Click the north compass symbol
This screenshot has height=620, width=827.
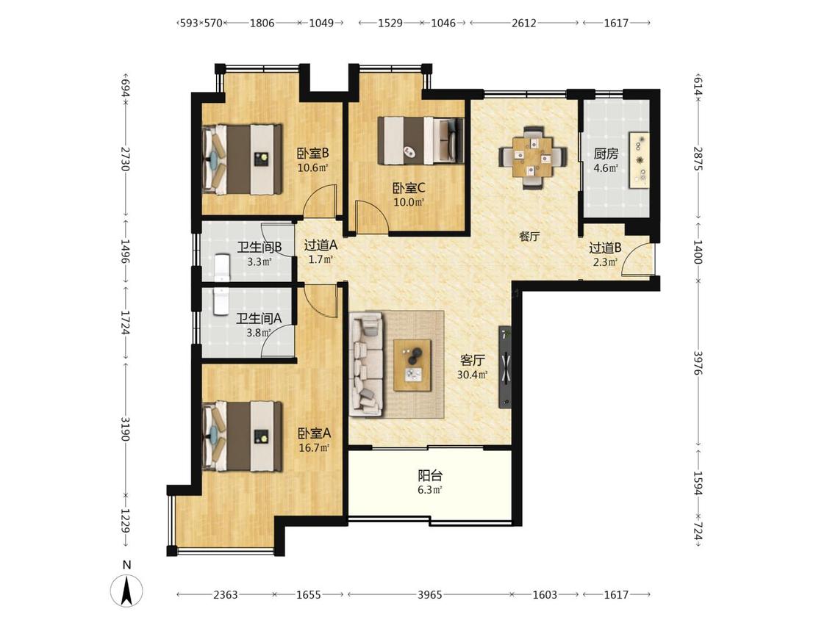coord(126,590)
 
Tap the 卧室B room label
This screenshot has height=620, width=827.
coord(312,154)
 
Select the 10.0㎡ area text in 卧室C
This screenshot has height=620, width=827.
coord(409,201)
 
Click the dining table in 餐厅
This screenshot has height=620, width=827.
coord(533,156)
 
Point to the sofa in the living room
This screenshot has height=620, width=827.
coord(365,363)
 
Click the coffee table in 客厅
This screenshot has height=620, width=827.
coord(412,365)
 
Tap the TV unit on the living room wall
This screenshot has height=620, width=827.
coord(505,367)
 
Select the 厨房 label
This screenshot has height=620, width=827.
coord(606,154)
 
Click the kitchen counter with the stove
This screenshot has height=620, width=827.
coord(639,159)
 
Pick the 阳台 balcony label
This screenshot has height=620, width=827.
coord(430,475)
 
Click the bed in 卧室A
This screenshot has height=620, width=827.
coord(242,436)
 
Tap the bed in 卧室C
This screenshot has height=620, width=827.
coord(421,140)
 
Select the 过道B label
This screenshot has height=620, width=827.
coord(605,248)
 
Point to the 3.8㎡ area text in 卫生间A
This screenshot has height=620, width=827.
coord(259,333)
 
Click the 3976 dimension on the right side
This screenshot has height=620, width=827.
coord(698,363)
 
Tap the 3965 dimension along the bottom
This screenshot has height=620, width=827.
coord(430,595)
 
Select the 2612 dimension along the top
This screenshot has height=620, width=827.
coord(523,23)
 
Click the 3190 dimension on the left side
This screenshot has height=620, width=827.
coord(126,428)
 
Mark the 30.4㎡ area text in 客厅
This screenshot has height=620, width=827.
coord(472,375)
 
